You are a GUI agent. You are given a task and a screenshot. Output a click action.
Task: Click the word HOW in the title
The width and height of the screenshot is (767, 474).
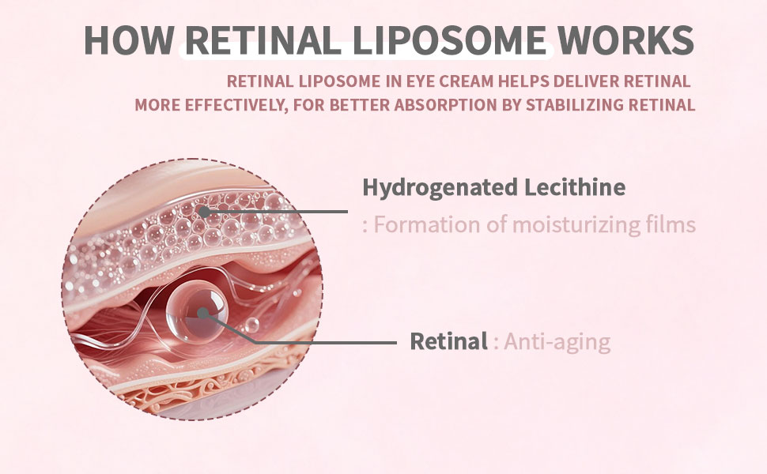[127, 39]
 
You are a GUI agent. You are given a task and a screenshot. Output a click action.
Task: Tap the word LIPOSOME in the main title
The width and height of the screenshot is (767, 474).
[453, 39]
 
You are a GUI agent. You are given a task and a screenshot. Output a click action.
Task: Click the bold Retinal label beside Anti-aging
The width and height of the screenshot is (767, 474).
[448, 342]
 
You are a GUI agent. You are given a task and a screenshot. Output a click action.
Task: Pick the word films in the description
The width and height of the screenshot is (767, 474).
[674, 225]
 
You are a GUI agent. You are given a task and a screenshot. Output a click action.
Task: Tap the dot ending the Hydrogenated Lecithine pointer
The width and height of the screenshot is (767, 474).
[204, 212]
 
